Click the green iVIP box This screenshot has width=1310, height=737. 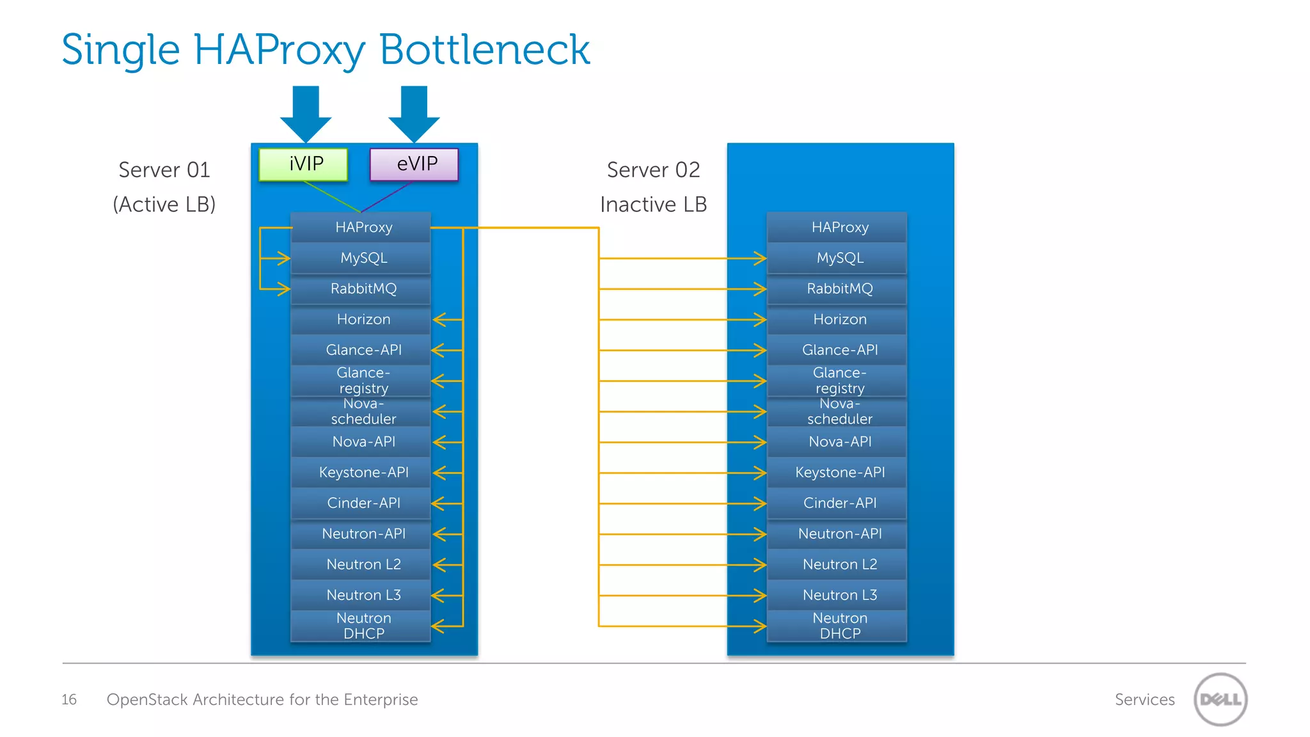pyautogui.click(x=303, y=164)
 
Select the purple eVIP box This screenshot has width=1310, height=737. pyautogui.click(x=414, y=164)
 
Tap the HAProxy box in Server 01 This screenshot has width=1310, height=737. pyautogui.click(x=361, y=227)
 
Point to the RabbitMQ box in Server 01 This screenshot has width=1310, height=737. pyautogui.click(x=361, y=289)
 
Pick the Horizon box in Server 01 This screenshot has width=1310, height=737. pyautogui.click(x=361, y=319)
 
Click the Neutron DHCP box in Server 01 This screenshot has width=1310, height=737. pyautogui.click(x=361, y=626)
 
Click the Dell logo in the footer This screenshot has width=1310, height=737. pyautogui.click(x=1220, y=699)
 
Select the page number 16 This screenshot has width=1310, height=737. pyautogui.click(x=69, y=699)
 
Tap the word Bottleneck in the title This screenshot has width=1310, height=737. pyautogui.click(x=484, y=50)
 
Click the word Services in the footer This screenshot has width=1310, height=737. pyautogui.click(x=1144, y=699)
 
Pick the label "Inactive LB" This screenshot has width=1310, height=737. pyautogui.click(x=653, y=204)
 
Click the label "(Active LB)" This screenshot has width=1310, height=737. pyautogui.click(x=164, y=204)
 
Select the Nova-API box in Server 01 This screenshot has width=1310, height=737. pyautogui.click(x=361, y=441)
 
